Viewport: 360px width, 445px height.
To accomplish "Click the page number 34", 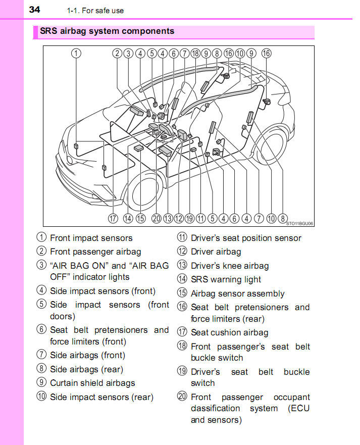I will pos(34,9).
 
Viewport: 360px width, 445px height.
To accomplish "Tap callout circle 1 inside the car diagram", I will pos(76,54).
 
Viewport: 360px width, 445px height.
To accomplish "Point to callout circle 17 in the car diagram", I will pos(113,219).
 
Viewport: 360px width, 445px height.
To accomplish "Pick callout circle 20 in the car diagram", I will pos(156,219).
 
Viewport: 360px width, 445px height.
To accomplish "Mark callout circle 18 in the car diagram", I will pos(195,54).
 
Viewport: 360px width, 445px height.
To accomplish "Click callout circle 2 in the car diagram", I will pos(117,54).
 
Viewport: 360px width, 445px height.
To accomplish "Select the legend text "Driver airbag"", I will pos(216,252).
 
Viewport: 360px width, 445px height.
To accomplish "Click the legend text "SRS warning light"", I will pos(226,279).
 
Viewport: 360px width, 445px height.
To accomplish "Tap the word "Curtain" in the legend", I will pos(65,383).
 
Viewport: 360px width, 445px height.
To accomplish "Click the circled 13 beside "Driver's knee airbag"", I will pos(182,265).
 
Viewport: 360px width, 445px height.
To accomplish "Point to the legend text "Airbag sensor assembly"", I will pos(237,293).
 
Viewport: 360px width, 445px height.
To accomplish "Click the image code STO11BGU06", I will pos(299,223).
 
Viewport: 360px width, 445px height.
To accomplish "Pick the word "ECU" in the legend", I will pos(298,408).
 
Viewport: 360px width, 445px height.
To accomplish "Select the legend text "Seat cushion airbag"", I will pos(229,332).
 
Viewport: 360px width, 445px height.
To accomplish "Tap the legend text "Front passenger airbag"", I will pos(95,252).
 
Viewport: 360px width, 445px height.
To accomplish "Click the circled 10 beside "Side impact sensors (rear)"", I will pos(41,397).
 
